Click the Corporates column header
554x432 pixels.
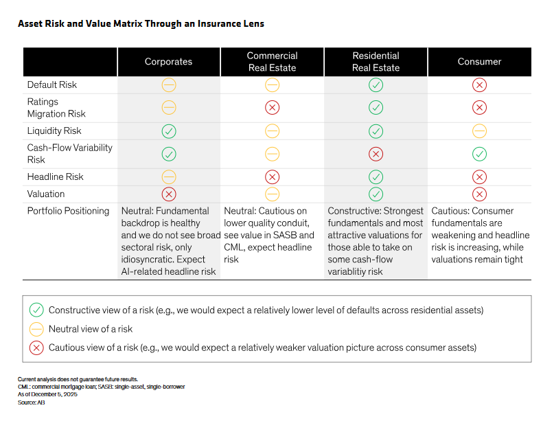(x=168, y=62)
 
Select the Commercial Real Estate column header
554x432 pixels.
(x=272, y=62)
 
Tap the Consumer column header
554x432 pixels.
(x=479, y=62)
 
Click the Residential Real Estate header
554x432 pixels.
(x=376, y=62)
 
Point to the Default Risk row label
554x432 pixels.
(x=52, y=85)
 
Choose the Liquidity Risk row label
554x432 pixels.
(x=54, y=130)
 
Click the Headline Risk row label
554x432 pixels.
(x=55, y=177)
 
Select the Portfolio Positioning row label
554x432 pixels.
(x=68, y=211)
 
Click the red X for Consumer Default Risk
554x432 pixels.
(x=479, y=85)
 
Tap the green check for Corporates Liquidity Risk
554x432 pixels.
(x=169, y=131)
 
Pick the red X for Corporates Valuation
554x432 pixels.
(x=169, y=194)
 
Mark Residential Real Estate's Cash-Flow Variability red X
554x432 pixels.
(x=376, y=154)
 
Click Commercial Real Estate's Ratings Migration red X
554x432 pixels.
(x=272, y=107)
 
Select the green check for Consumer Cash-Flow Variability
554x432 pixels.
(x=479, y=154)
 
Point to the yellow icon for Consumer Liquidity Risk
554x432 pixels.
(x=479, y=131)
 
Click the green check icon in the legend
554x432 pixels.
(x=36, y=310)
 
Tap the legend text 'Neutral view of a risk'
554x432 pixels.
(x=91, y=329)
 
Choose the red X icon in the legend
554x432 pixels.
(x=36, y=348)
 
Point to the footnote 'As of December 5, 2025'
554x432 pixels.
(x=47, y=394)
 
